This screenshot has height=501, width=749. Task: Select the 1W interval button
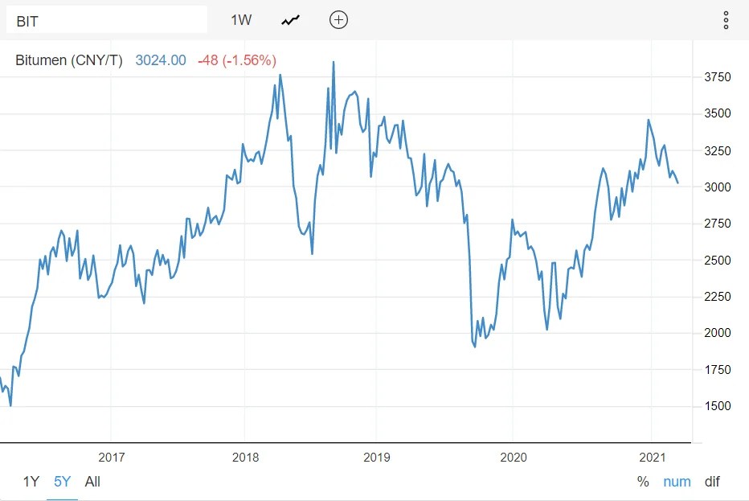pos(241,20)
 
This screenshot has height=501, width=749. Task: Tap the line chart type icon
pos(290,20)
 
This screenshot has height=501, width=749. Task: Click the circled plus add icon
pos(339,20)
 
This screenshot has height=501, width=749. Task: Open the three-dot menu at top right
pos(726,20)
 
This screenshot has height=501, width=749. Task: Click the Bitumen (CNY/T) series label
pos(69,60)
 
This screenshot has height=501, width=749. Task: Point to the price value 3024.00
pos(161,60)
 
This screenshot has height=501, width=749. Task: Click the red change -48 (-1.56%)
pos(236,60)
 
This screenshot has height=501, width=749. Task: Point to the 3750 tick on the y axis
pos(717,77)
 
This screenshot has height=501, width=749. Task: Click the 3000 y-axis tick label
pos(717,187)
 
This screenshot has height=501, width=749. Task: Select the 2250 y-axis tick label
pos(717,297)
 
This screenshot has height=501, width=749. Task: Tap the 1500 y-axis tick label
pos(717,406)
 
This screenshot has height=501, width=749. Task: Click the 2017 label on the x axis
pos(112,458)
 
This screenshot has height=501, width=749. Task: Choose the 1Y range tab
pos(31,482)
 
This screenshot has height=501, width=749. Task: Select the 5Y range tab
pos(63,482)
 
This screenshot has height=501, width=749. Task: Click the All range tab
pos(92,482)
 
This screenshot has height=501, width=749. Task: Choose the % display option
pos(643,482)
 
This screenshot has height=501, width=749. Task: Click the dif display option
pos(712,482)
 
